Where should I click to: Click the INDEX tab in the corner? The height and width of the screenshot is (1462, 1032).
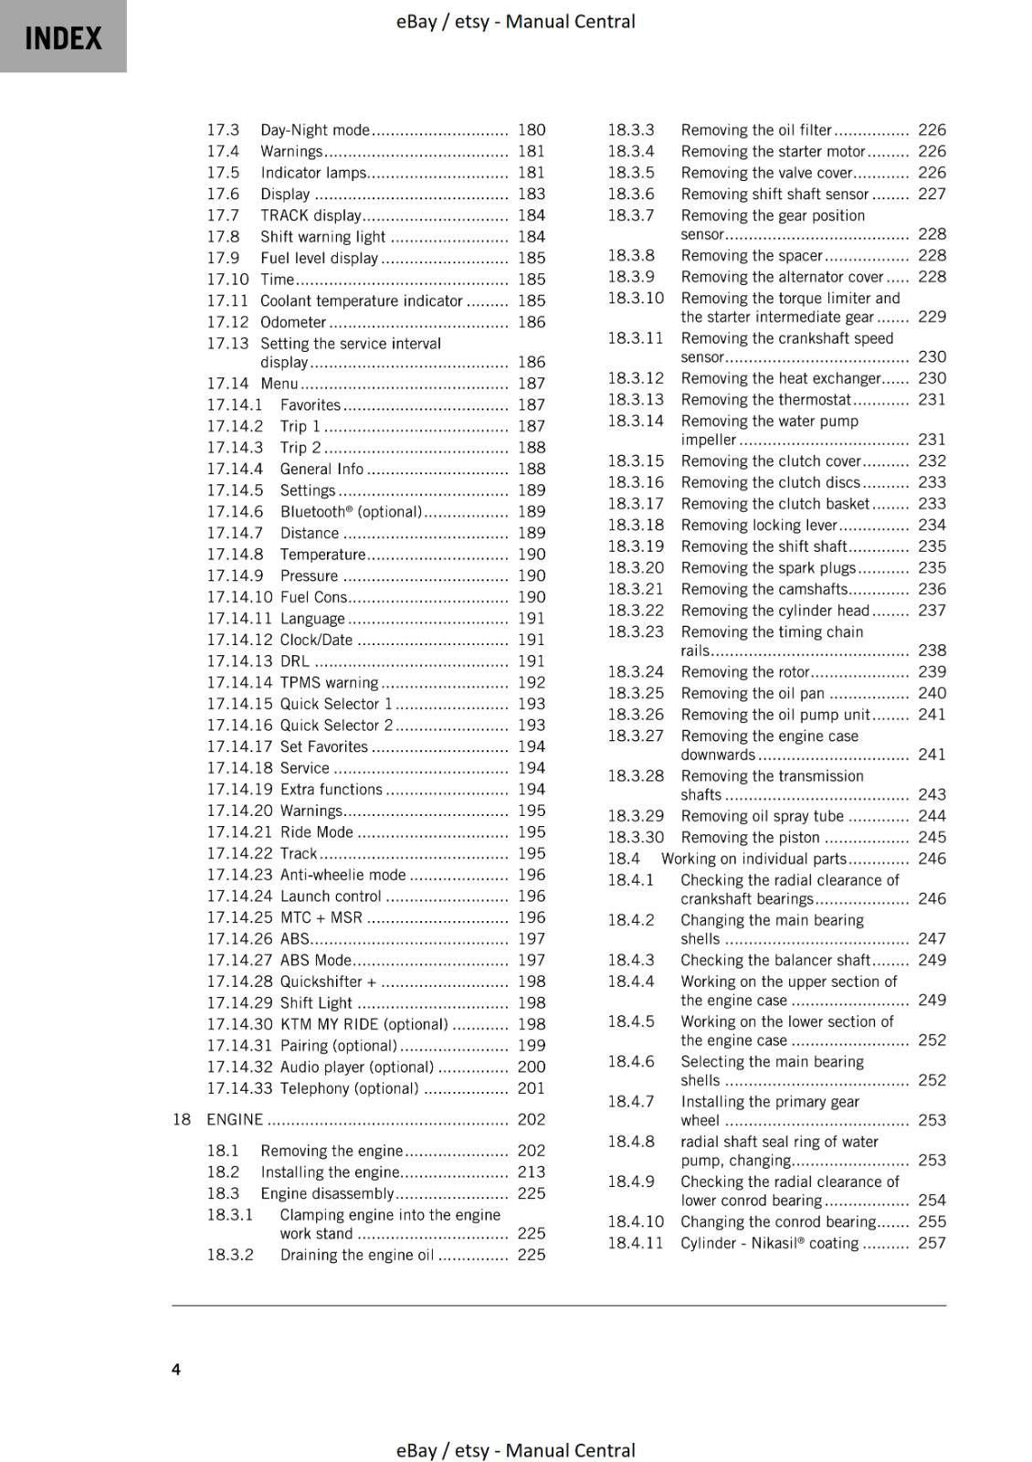click(63, 37)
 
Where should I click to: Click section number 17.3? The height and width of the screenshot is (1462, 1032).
click(222, 130)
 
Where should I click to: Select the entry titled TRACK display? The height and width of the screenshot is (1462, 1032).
click(311, 216)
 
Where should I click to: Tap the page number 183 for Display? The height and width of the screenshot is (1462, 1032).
click(531, 194)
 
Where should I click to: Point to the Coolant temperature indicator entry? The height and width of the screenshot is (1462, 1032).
click(361, 301)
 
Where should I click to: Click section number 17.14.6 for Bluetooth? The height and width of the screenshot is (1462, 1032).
click(235, 512)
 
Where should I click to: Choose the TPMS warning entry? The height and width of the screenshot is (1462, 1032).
click(329, 683)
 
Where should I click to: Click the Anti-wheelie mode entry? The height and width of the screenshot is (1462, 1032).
click(342, 874)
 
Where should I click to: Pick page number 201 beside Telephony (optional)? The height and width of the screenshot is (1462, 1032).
click(531, 1088)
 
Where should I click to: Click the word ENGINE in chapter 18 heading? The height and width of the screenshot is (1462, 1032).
click(235, 1119)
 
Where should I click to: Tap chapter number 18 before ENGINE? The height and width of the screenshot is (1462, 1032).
click(181, 1119)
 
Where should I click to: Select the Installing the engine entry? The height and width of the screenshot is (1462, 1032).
click(330, 1172)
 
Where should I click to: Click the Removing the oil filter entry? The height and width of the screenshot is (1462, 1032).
click(756, 130)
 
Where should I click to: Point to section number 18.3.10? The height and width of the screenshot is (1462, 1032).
click(636, 298)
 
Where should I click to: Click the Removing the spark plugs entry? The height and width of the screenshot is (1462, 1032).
click(768, 567)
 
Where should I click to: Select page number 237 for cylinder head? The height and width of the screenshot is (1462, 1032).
click(932, 610)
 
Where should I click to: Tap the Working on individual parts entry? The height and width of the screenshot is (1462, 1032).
click(753, 859)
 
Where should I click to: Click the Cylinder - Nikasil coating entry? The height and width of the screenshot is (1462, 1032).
click(769, 1243)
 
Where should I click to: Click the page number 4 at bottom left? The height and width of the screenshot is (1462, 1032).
click(176, 1369)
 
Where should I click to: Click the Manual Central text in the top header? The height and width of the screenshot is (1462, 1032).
click(570, 21)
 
